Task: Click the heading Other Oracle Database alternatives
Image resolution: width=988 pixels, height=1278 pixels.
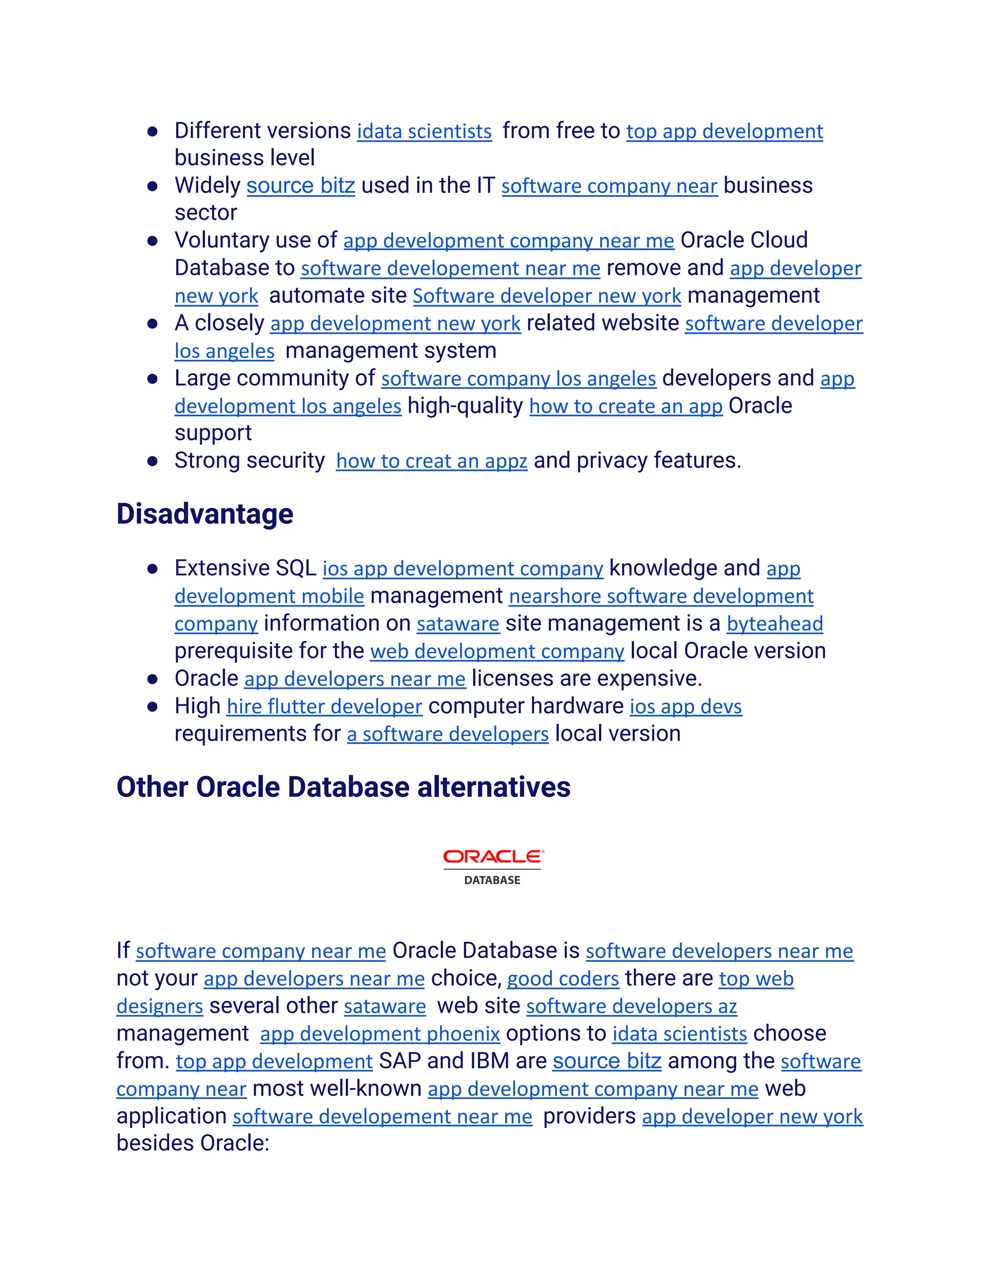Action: [x=343, y=787]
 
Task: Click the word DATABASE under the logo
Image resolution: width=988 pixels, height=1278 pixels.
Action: [x=492, y=880]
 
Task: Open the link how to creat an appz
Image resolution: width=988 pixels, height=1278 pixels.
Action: [x=431, y=462]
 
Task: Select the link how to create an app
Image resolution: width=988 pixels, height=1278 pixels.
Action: [x=626, y=407]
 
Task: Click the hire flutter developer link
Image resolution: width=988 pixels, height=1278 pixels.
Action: [x=324, y=707]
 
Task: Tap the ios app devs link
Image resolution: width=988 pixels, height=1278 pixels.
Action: [x=686, y=707]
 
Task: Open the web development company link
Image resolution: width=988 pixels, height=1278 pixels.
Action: [x=497, y=652]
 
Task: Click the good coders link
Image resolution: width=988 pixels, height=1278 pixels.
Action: [x=563, y=979]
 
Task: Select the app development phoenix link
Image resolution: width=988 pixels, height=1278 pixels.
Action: [x=380, y=1034]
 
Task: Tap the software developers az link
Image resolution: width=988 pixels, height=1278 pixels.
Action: [x=631, y=1006]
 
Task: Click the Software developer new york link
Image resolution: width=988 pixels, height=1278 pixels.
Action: [x=547, y=297]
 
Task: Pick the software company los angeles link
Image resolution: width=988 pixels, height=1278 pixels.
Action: [x=518, y=379]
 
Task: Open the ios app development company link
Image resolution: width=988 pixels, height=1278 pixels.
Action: [x=462, y=569]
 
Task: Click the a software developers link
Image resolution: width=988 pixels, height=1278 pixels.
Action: [x=448, y=734]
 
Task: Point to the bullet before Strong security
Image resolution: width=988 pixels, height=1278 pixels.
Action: [x=153, y=461]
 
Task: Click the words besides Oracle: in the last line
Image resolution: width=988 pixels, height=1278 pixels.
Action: [x=192, y=1143]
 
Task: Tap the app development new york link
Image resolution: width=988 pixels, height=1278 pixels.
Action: [x=395, y=324]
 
